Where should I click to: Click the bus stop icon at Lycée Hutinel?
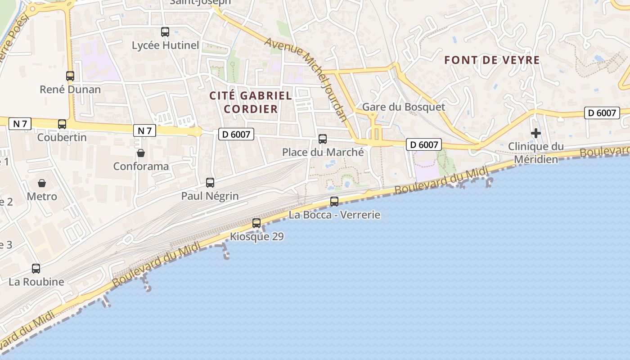[x=165, y=32]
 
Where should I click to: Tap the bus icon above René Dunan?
[x=70, y=76]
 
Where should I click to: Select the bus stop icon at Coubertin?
[x=62, y=124]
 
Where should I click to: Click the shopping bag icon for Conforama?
[x=141, y=153]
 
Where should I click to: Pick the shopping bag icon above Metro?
[x=42, y=183]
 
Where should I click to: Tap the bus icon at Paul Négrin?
[x=210, y=183]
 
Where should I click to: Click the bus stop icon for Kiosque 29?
[x=256, y=223]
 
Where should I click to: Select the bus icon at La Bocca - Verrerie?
[x=334, y=202]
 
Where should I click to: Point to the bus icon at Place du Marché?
[x=323, y=139]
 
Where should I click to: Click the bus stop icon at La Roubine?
[x=36, y=269]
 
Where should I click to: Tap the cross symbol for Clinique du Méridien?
[x=535, y=133]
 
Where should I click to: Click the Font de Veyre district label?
[x=492, y=60]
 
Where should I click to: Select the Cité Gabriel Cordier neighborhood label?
[x=251, y=102]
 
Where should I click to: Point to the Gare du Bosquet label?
[x=403, y=107]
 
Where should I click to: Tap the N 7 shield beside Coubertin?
[x=20, y=124]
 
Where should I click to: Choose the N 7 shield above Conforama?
[x=144, y=130]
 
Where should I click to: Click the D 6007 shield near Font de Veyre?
[x=602, y=113]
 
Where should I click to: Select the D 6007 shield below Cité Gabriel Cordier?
[x=236, y=134]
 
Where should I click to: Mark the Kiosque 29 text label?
[x=257, y=237]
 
